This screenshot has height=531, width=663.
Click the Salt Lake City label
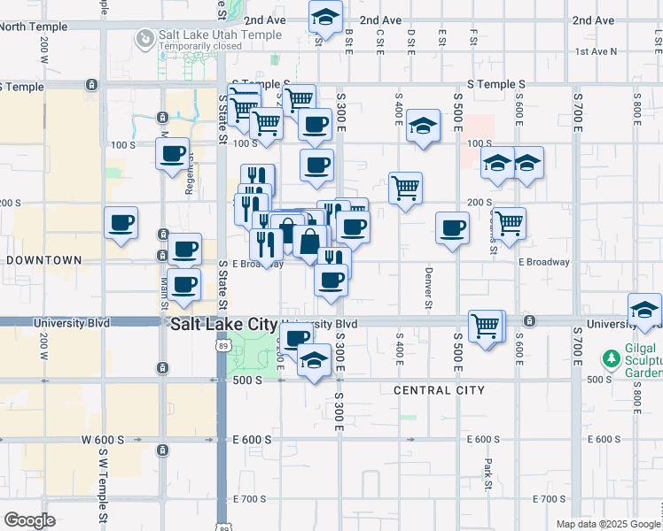(223, 325)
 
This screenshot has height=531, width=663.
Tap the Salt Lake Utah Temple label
(220, 35)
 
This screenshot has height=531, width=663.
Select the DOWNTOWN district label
(44, 260)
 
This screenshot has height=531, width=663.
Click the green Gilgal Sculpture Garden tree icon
(610, 359)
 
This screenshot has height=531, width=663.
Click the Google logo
(30, 520)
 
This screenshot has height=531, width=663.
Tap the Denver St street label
(428, 288)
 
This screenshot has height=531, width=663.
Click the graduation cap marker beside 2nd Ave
(325, 18)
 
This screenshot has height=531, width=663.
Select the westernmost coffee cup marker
(121, 223)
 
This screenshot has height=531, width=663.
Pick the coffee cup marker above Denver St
(452, 228)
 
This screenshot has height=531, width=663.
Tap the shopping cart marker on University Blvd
(486, 327)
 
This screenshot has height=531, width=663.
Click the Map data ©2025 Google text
(608, 524)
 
